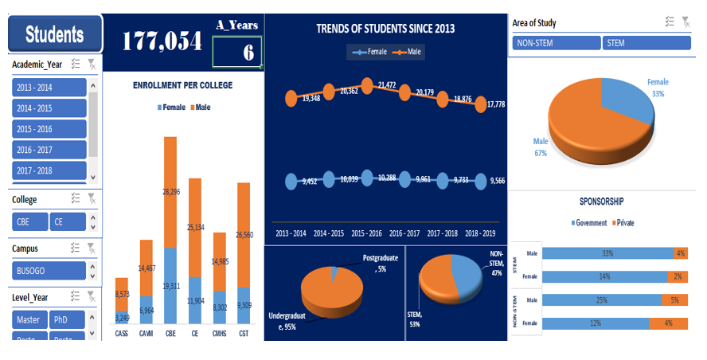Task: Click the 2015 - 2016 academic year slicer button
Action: coord(49,129)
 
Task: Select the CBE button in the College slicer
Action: coord(29,223)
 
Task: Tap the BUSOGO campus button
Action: coord(49,270)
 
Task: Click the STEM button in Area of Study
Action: coord(646,43)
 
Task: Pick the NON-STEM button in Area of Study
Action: coord(556,43)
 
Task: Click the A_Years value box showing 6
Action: coord(237,53)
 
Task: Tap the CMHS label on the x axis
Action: coord(218,333)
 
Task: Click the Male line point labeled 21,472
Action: coord(367,84)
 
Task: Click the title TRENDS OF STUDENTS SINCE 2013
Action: coord(385,29)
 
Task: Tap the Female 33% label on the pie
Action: coord(658,88)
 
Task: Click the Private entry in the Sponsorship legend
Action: coord(621,223)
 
